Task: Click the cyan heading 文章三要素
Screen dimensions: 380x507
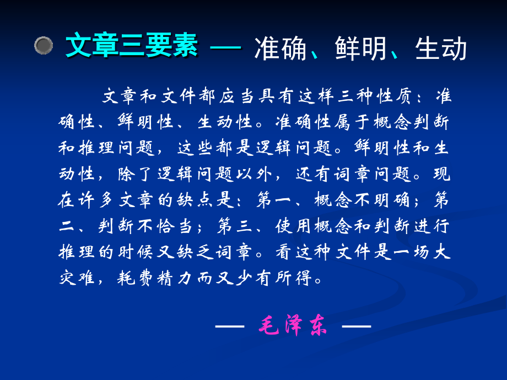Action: coord(131,46)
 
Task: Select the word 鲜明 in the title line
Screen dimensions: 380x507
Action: coord(356,48)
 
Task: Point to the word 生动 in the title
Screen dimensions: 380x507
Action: coord(435,48)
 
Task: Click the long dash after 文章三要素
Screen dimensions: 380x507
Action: coord(226,47)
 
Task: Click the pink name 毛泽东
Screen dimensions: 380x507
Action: coord(293,327)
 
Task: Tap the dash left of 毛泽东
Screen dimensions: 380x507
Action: coord(229,327)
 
